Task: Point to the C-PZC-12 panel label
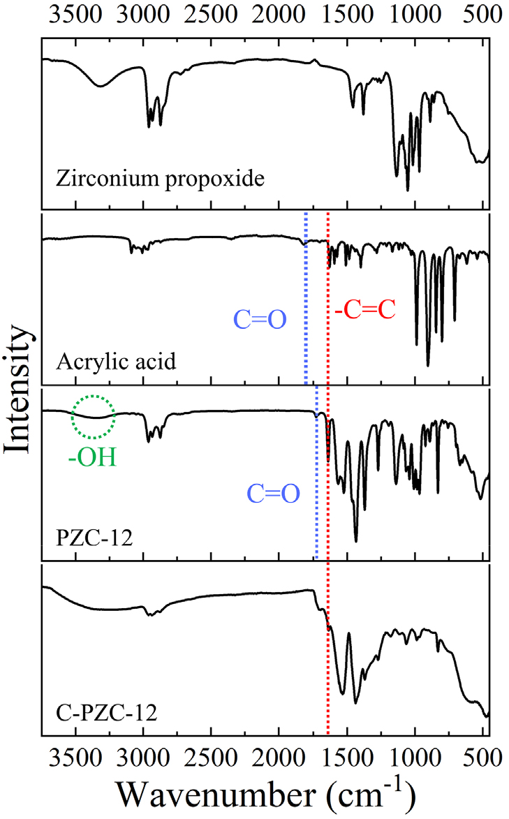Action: click(x=105, y=714)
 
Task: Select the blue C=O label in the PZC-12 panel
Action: click(x=273, y=494)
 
